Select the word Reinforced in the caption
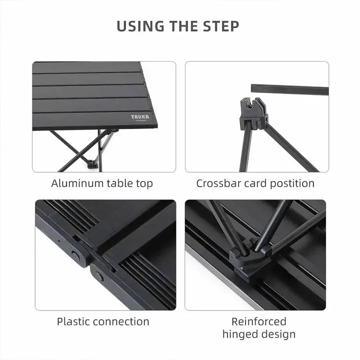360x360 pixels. pyautogui.click(x=259, y=322)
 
